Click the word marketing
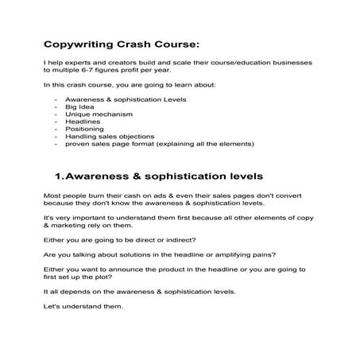(x=68, y=227)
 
